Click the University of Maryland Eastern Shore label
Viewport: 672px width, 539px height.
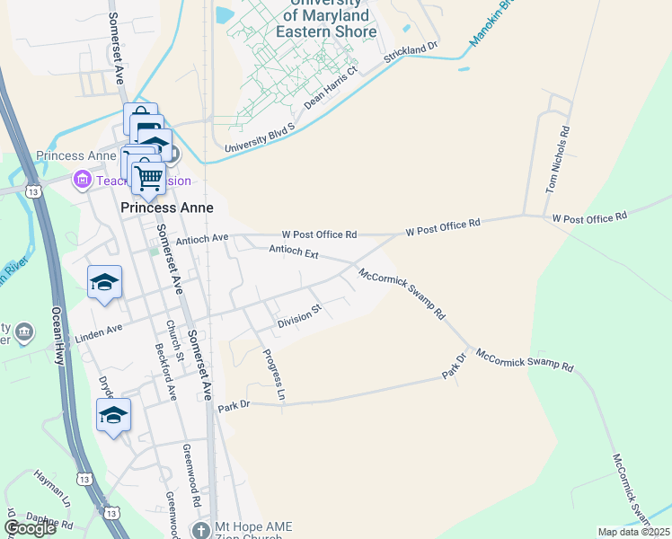point(329,17)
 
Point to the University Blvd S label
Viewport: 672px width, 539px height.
point(260,137)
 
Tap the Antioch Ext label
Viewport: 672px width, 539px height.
point(294,253)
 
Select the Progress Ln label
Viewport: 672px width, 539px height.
point(274,374)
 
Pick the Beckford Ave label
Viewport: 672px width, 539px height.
point(165,370)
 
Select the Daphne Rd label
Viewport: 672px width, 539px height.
point(50,521)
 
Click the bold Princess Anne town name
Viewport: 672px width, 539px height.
point(167,208)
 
